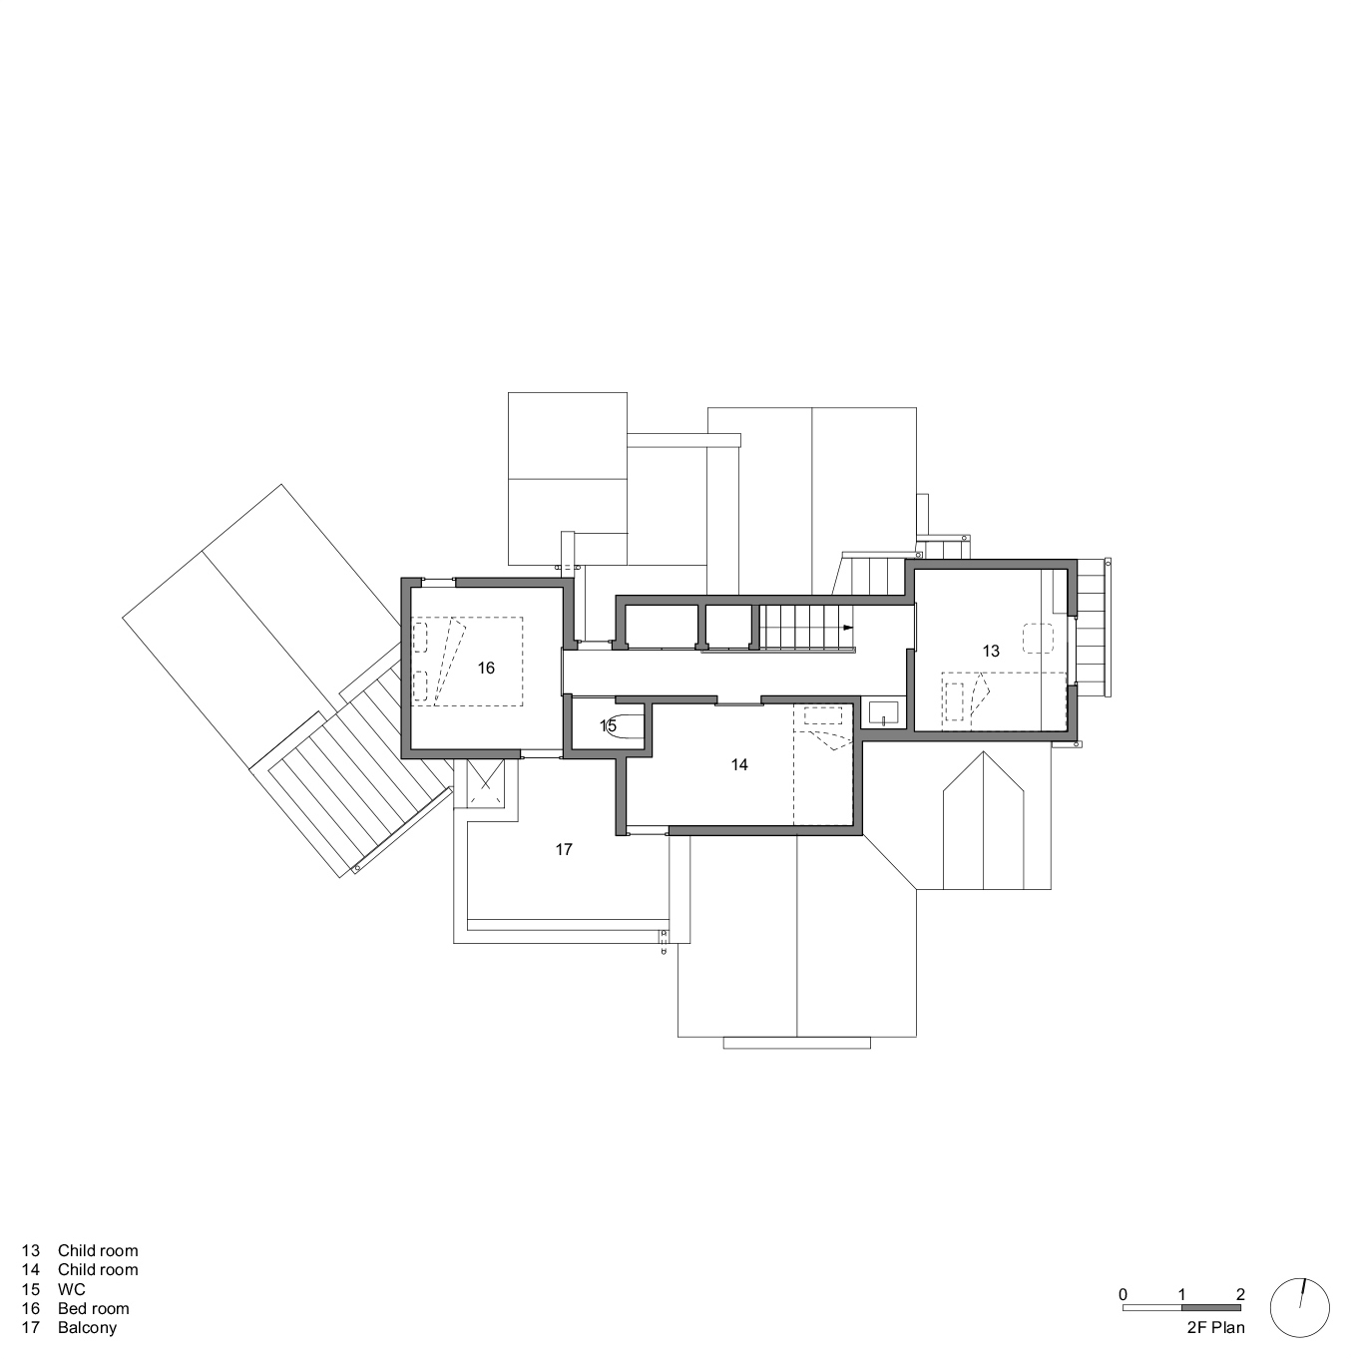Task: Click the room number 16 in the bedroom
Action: pos(486,668)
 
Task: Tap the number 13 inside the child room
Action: pos(990,651)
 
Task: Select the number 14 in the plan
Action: pos(738,764)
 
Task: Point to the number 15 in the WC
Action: pos(608,725)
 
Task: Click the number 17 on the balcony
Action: pos(564,849)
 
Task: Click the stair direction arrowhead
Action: pos(848,628)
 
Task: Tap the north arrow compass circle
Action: pos(1299,1306)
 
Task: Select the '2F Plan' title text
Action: pos(1215,1327)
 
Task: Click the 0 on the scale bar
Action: pos(1124,1294)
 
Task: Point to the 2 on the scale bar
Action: pos(1240,1294)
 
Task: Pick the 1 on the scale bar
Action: pos(1182,1294)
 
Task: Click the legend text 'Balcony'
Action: pos(87,1327)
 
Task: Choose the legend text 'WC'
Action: pos(71,1289)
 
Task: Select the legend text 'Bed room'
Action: pos(93,1308)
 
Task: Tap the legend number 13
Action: pos(30,1250)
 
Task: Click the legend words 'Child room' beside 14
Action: pos(98,1269)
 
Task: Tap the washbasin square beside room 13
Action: pos(884,712)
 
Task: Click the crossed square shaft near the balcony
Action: pos(486,785)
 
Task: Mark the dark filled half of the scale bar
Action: pos(1211,1308)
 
